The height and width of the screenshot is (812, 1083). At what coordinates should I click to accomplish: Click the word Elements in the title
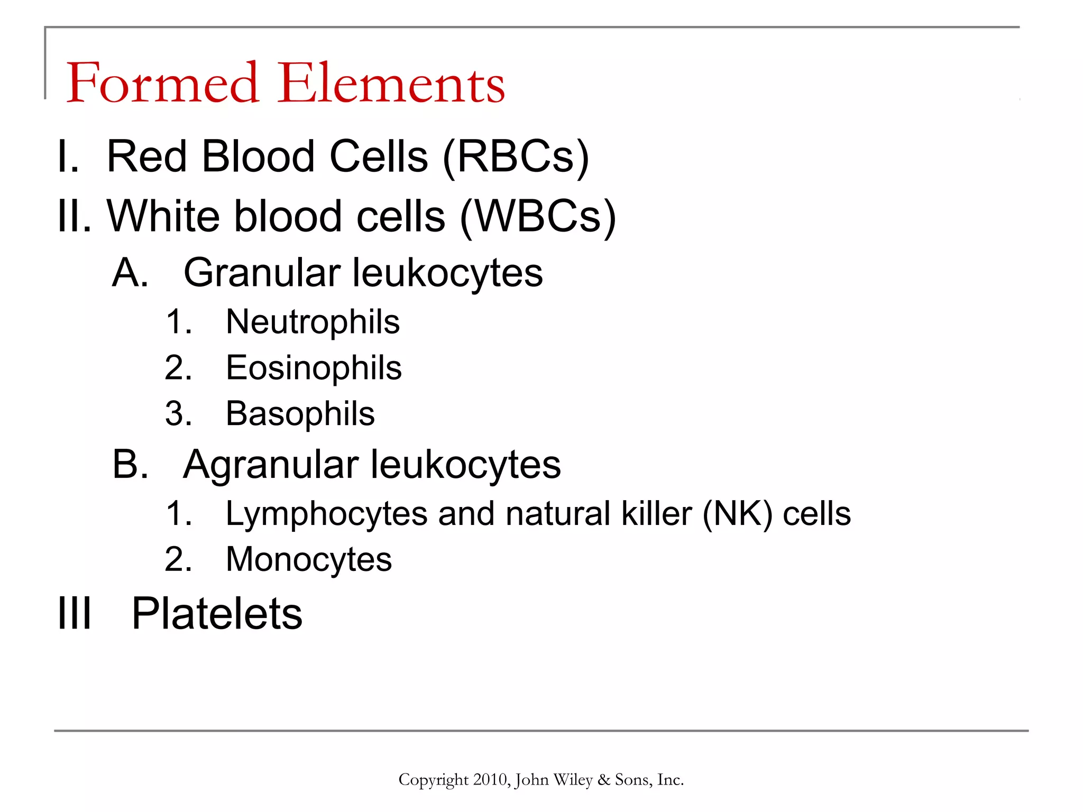click(391, 83)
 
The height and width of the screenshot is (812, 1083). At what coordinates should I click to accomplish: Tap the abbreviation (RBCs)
click(516, 157)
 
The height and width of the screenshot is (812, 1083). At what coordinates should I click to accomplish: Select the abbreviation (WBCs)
click(538, 217)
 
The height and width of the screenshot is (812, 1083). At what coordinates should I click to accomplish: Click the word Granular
click(262, 273)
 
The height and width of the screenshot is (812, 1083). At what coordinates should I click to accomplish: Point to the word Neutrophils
click(313, 322)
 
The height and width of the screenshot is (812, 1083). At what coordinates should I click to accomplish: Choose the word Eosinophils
click(314, 368)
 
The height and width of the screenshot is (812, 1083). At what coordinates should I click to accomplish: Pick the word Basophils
click(300, 413)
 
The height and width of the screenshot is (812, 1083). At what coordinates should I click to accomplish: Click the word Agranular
click(271, 465)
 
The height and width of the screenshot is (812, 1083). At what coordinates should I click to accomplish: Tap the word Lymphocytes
click(326, 514)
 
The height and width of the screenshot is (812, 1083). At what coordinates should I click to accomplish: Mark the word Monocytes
click(309, 560)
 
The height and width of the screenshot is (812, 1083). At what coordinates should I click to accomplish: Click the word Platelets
click(217, 614)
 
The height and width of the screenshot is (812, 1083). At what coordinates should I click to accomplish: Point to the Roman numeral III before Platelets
click(75, 614)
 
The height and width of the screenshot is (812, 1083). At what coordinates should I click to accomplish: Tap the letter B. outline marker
click(130, 465)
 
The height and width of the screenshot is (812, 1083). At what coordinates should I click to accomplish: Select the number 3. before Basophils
click(178, 413)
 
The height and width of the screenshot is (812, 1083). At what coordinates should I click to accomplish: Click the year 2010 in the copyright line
click(490, 780)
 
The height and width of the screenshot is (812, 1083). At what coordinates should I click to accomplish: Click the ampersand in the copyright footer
click(603, 780)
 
